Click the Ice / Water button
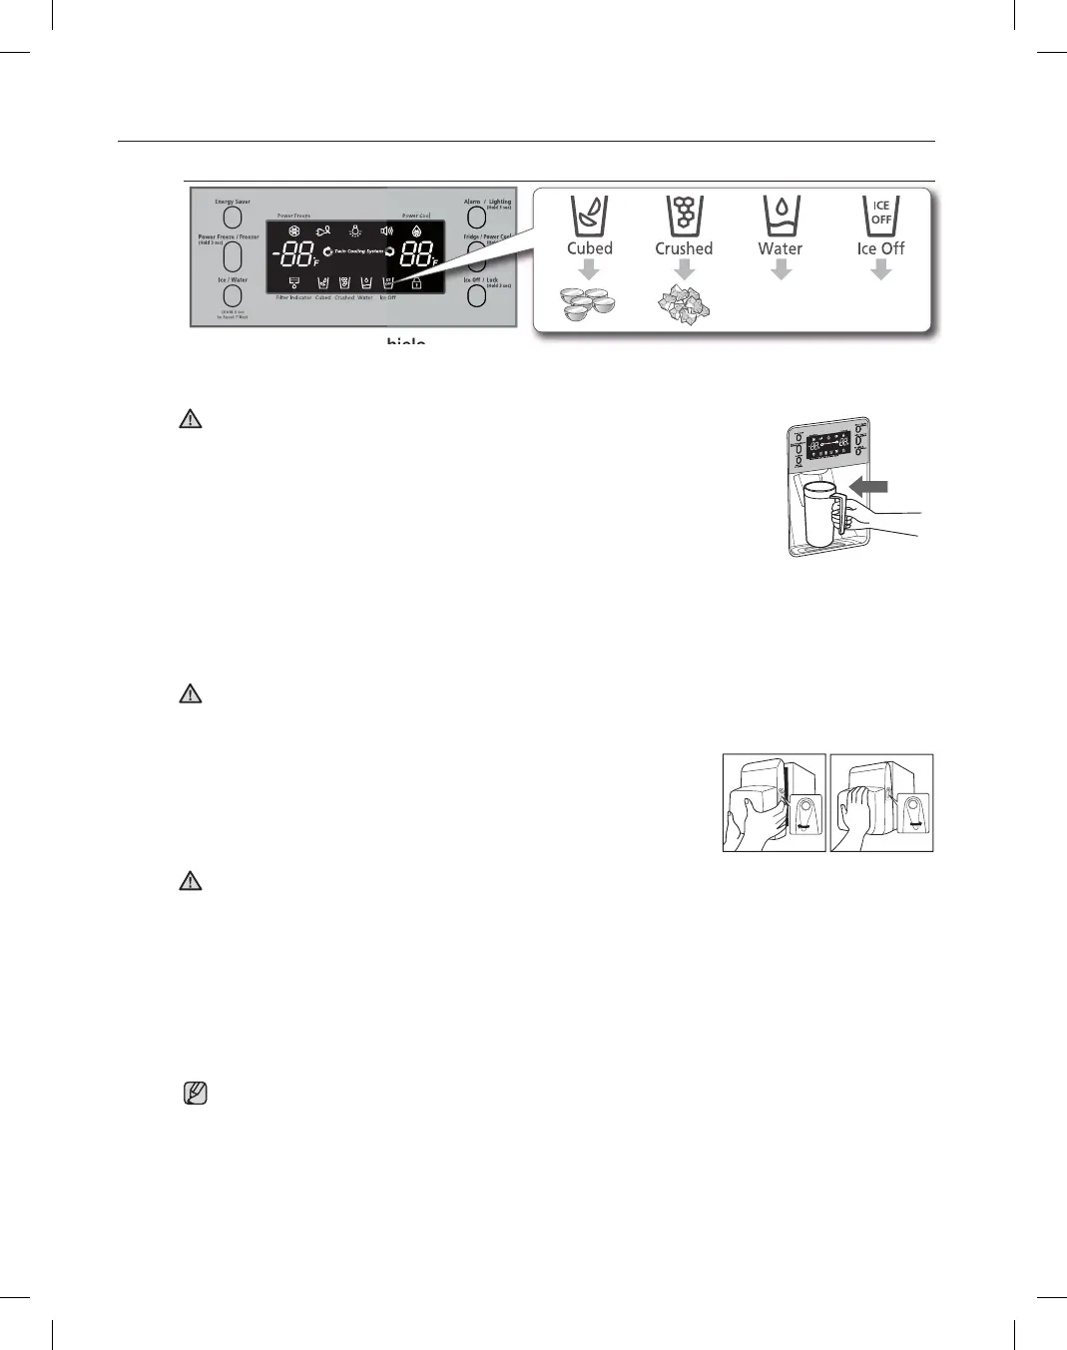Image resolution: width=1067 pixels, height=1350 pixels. (233, 297)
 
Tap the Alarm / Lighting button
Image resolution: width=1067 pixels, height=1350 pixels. (477, 217)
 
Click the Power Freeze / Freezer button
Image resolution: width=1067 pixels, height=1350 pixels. (233, 256)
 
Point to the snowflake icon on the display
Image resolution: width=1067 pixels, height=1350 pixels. (293, 231)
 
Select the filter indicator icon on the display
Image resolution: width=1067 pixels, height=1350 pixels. (293, 283)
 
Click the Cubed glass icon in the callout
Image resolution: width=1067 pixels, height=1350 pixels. (589, 216)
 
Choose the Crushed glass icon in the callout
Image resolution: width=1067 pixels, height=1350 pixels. (684, 216)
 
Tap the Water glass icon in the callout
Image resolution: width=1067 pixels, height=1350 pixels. (781, 216)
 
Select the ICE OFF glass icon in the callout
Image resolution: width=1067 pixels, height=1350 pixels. (880, 216)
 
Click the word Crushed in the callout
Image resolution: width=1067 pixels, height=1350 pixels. (684, 248)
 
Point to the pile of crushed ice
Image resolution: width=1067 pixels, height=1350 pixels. (684, 303)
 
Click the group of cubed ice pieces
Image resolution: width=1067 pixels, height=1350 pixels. (589, 303)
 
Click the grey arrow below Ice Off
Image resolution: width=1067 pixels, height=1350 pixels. (880, 269)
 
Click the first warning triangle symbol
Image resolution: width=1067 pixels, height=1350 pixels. (190, 419)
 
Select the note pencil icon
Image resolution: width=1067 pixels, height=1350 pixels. (196, 1094)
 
